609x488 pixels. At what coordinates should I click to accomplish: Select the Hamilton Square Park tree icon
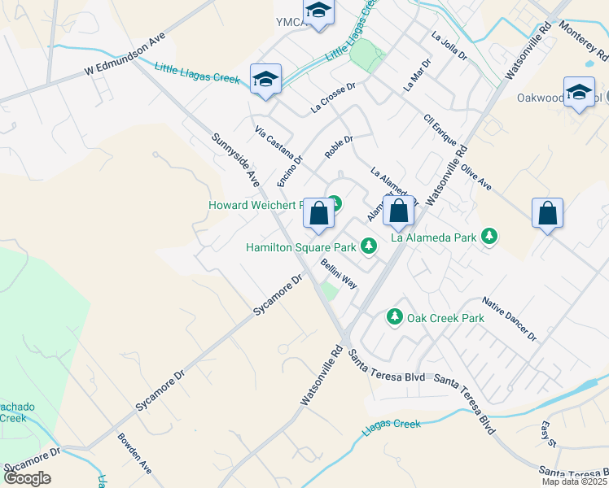pos(369,245)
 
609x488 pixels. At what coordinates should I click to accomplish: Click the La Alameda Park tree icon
pos(489,237)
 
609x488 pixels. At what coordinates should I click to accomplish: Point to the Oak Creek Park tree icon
pos(395,316)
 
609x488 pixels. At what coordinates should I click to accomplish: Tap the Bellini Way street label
pos(339,273)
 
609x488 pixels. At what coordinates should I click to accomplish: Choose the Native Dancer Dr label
pos(510,318)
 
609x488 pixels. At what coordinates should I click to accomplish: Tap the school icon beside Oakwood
pos(579,92)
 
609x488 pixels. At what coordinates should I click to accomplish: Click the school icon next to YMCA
pos(318,11)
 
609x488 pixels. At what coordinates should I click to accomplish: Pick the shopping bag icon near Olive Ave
pos(547,213)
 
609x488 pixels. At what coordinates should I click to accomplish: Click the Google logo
pos(27,478)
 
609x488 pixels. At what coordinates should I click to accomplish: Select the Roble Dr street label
pos(338,146)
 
